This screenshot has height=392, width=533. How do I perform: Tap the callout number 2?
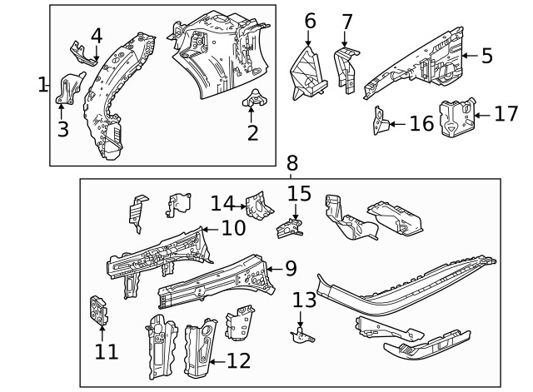252,131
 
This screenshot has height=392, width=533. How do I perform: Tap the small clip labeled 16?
379,122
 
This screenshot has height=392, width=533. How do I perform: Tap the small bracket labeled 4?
82,52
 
